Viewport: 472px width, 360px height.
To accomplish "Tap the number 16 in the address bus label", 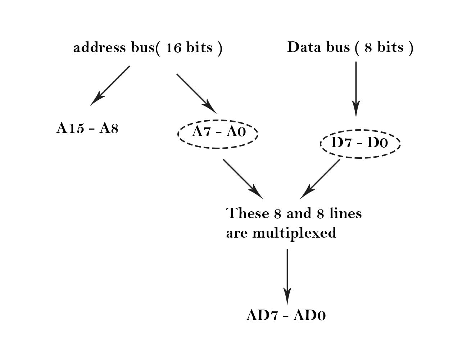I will (173, 48).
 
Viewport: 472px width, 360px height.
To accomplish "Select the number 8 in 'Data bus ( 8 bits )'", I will (368, 48).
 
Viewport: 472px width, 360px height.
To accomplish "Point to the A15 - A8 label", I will (87, 128).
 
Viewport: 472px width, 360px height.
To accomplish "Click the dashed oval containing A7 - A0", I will (218, 134).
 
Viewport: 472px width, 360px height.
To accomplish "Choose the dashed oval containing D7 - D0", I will (360, 143).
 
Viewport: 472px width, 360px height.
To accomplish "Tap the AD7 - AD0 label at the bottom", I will (286, 315).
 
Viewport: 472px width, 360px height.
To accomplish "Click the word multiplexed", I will (294, 233).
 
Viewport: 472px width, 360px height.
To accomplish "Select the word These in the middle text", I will (248, 213).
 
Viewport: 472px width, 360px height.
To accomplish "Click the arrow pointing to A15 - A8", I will (110, 86).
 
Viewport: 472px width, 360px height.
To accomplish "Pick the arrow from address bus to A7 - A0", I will (196, 93).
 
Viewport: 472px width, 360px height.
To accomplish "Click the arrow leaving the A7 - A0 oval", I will (243, 179).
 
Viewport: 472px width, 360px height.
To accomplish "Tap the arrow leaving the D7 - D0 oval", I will (320, 179).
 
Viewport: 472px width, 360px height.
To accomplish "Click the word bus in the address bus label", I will (142, 48).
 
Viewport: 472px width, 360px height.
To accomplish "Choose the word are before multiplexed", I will (237, 233).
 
